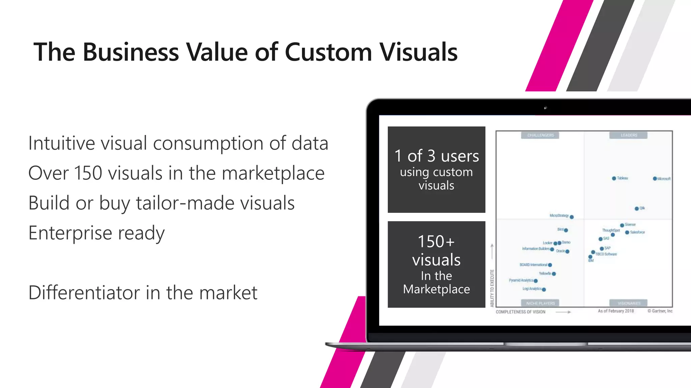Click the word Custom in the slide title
click(328, 52)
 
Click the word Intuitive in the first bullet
click(61, 143)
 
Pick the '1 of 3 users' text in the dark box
click(437, 156)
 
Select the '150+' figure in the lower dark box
click(436, 241)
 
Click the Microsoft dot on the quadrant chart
click(655, 179)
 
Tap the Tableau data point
click(614, 178)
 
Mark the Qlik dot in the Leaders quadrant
click(637, 208)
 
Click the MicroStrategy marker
click(572, 217)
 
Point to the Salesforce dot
click(627, 232)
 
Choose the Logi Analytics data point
click(544, 289)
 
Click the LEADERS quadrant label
click(629, 135)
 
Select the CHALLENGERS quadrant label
click(541, 135)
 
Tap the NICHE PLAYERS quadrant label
click(540, 303)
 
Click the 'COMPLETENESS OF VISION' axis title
click(520, 312)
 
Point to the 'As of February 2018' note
click(616, 311)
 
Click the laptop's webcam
click(545, 108)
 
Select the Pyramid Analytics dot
click(536, 281)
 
